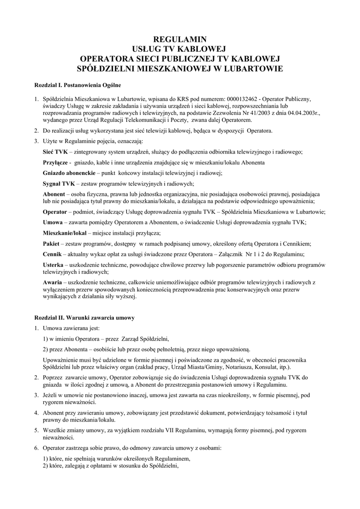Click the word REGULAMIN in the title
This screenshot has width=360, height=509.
click(180, 39)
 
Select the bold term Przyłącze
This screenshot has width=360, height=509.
click(55, 163)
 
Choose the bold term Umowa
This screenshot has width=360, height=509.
click(53, 222)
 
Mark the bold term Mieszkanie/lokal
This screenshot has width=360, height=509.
click(65, 233)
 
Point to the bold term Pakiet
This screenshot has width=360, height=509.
click(51, 244)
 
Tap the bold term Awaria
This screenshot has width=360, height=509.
click(52, 282)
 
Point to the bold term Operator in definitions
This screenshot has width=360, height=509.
click(56, 211)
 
